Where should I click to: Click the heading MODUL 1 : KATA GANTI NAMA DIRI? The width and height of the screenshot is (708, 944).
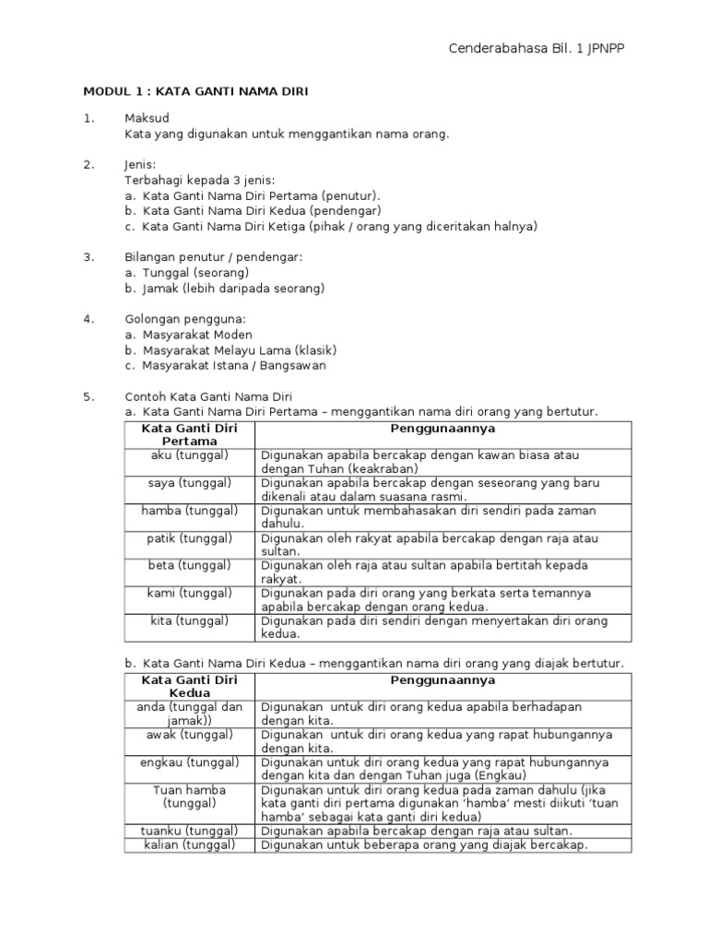(195, 91)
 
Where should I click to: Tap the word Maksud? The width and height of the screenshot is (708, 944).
(147, 118)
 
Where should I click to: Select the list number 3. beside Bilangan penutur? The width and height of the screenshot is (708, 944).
(88, 256)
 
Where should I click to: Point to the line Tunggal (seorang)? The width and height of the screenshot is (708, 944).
(195, 273)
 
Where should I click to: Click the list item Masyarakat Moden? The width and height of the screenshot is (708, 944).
(197, 335)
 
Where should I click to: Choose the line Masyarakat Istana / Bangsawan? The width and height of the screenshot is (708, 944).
(234, 365)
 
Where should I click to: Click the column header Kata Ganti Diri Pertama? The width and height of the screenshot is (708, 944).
(189, 435)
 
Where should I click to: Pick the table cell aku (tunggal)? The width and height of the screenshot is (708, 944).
(189, 455)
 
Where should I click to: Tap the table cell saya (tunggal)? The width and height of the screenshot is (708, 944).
(189, 483)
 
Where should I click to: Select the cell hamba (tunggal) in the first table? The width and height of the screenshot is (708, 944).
(189, 511)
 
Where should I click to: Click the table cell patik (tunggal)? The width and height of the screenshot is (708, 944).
(189, 538)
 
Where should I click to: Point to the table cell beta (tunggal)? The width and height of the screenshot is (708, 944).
(189, 565)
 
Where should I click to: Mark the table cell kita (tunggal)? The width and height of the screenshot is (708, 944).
(189, 620)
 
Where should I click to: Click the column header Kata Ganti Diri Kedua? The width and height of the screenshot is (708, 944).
(189, 686)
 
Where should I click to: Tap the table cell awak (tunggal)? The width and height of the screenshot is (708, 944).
(189, 735)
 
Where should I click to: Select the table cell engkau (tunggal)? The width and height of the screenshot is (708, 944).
(189, 762)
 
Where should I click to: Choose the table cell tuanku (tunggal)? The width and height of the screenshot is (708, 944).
(189, 831)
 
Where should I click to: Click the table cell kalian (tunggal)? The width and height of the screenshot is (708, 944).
(189, 844)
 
